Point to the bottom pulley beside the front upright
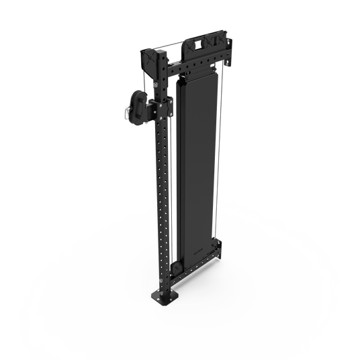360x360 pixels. [177, 270]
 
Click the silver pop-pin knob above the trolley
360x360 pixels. [156, 86]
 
